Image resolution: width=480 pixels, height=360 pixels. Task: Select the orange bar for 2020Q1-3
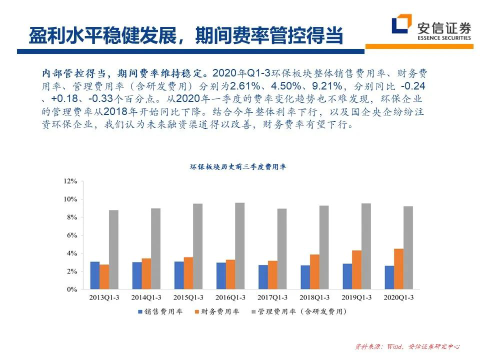coord(398,269)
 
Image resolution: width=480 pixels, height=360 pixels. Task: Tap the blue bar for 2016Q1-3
coord(220,276)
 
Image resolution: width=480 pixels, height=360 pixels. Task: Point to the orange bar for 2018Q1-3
coord(314,272)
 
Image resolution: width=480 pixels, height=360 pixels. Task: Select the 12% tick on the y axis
coord(70,181)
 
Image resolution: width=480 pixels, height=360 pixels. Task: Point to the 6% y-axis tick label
coord(71,235)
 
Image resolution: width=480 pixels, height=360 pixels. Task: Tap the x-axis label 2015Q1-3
coord(188,297)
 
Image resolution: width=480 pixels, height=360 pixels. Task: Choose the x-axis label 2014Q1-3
coord(146,297)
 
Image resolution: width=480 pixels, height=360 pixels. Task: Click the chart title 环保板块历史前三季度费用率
coord(237,167)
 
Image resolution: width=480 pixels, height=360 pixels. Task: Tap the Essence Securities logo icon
coord(401,25)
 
